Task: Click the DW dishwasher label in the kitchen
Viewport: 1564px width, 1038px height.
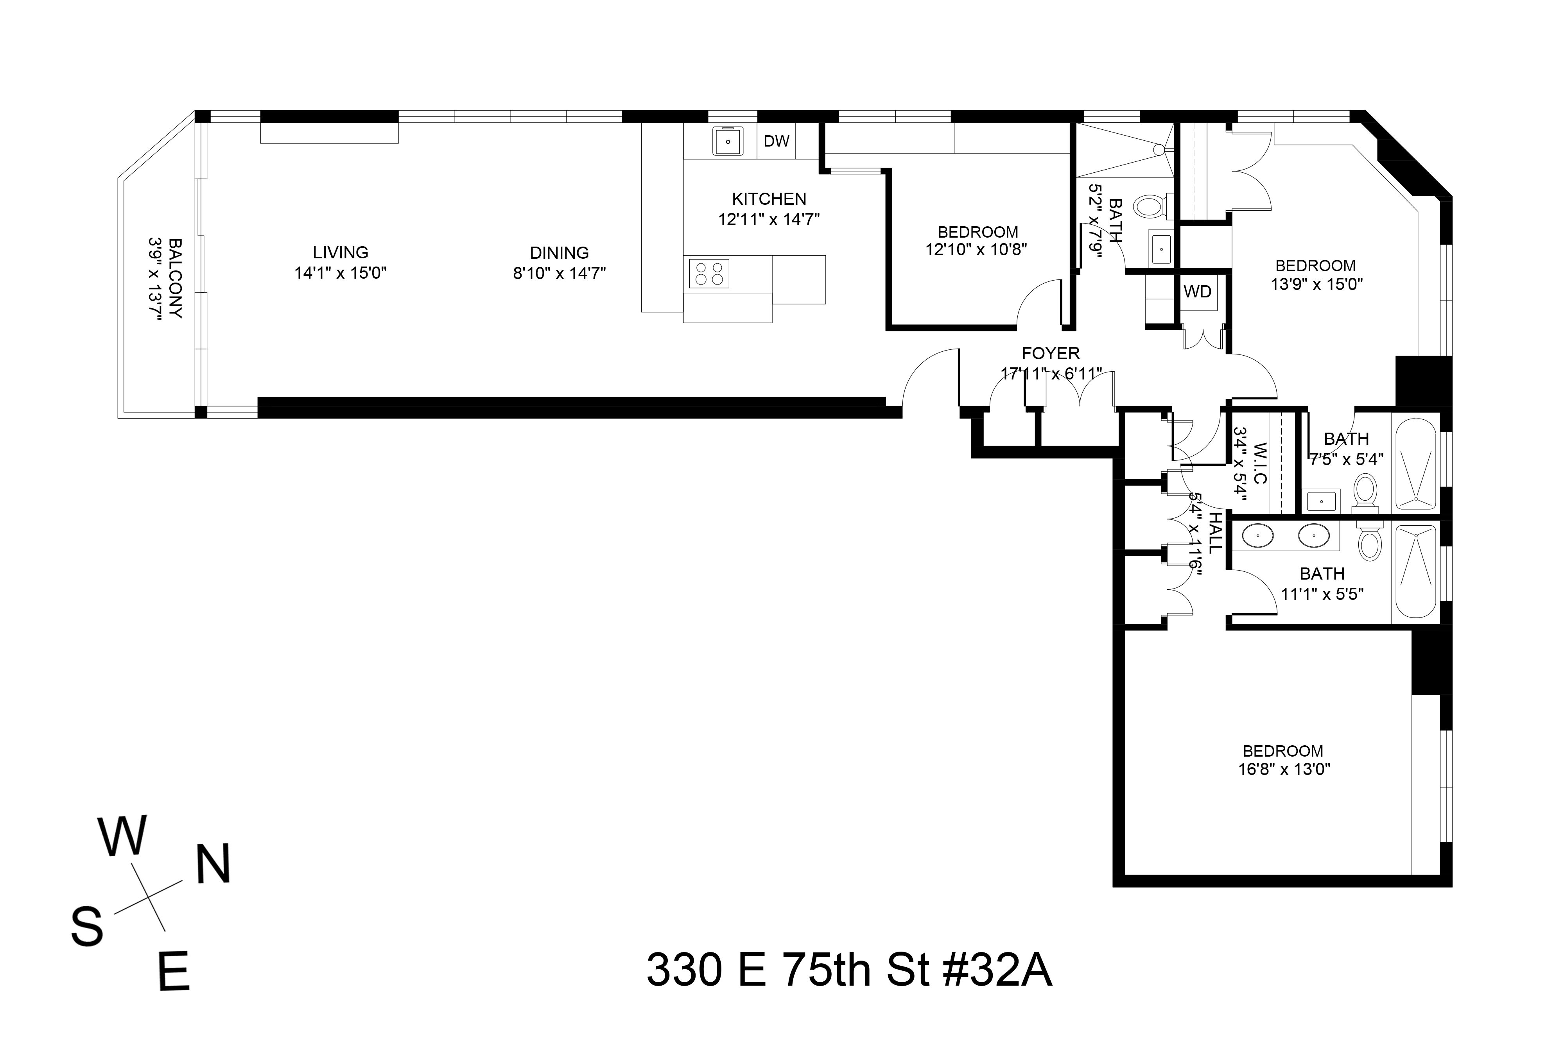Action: coord(776,141)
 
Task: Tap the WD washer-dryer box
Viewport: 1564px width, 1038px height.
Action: coord(1197,292)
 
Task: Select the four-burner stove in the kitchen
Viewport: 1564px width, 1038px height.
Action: coord(709,274)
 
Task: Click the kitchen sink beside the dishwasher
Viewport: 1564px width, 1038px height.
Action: coord(727,141)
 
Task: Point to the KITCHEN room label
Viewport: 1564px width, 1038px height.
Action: coord(769,199)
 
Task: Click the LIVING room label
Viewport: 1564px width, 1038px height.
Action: coord(340,252)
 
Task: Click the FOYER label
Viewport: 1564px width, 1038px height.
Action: coord(1050,354)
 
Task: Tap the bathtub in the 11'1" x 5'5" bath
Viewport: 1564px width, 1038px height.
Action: coord(1415,571)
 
